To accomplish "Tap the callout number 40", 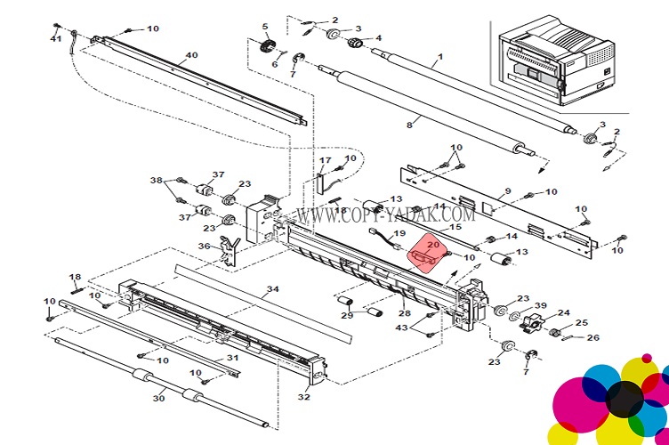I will pos(191,56).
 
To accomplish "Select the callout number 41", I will pos(56,38).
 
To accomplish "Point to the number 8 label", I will pos(409,125).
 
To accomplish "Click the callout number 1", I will pos(439,61).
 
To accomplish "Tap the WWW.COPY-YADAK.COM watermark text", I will pos(385,214).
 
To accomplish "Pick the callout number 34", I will pos(272,289).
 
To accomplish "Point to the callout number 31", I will pos(232,358).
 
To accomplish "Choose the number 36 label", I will pos(203,247).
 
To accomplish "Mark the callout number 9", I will pos(507,192).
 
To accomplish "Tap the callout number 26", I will pos(592,337).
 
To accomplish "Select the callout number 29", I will pos(347,315).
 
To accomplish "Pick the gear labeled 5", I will pos(264,42).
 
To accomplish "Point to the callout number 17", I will pos(326,161).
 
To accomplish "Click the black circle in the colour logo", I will pos(624,398).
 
